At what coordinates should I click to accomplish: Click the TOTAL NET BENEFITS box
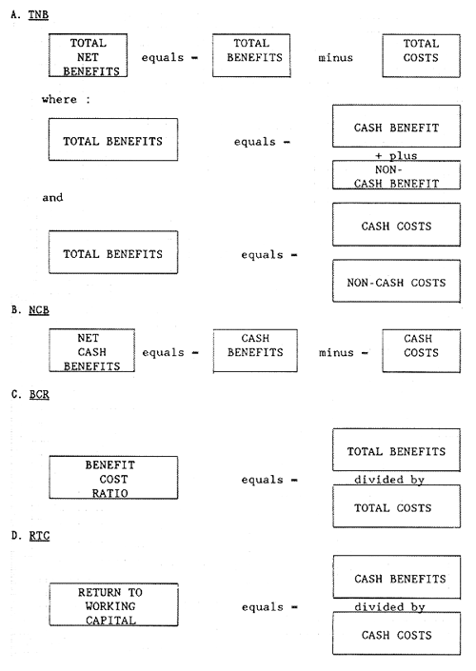[x=88, y=57]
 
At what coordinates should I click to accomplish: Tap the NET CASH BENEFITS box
[x=88, y=352]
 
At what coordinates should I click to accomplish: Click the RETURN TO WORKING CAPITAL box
[x=113, y=606]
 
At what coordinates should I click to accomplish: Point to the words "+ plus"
[x=397, y=154]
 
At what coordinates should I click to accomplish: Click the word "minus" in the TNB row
[x=336, y=57]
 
